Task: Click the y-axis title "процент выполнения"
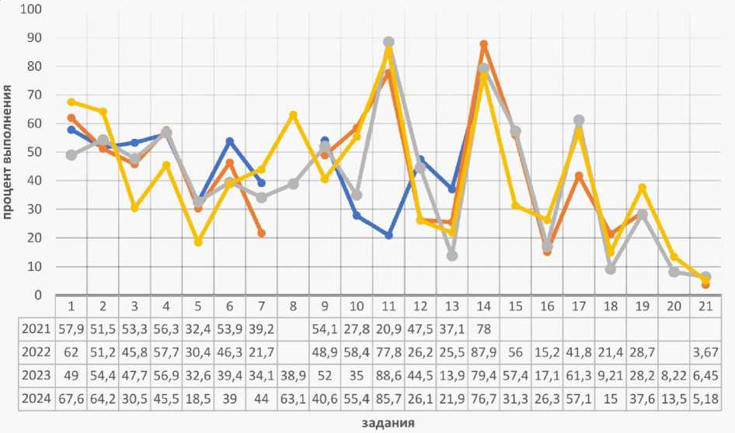[x=7, y=152]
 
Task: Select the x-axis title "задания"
[x=388, y=423]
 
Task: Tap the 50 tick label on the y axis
[x=34, y=152]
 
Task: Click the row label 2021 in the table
[x=38, y=328]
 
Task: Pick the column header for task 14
[x=483, y=306]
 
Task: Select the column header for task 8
[x=293, y=306]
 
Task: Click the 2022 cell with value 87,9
[x=483, y=352]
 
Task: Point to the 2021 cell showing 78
[x=483, y=328]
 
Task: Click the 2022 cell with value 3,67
[x=705, y=352]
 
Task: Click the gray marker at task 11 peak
[x=388, y=42]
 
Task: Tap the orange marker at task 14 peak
[x=483, y=44]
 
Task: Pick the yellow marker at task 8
[x=293, y=115]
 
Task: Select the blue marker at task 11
[x=388, y=235]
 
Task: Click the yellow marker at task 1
[x=71, y=102]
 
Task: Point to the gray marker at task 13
[x=452, y=255]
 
